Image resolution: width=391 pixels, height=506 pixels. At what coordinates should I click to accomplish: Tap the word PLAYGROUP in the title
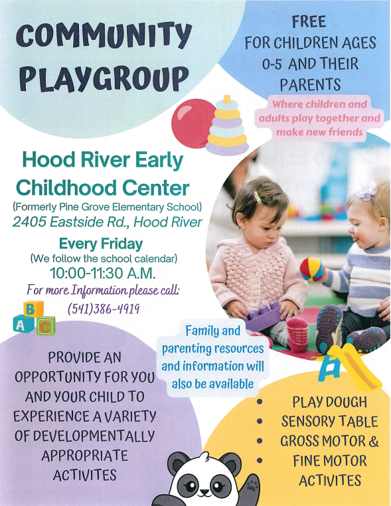click(x=103, y=78)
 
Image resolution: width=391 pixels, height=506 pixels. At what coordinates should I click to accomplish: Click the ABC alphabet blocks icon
click(x=34, y=318)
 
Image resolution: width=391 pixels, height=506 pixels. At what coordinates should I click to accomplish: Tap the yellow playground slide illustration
click(x=349, y=367)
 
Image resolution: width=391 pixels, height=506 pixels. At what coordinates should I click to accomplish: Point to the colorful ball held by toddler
click(x=311, y=269)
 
